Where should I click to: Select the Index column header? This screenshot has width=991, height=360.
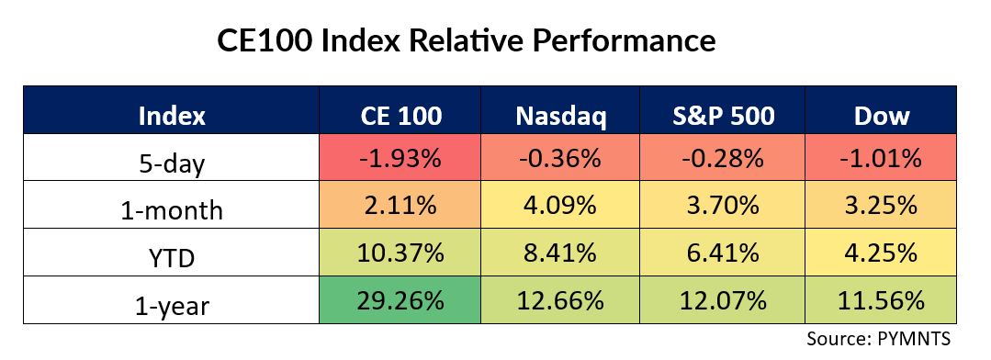[171, 116]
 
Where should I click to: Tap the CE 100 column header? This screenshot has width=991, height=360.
[400, 116]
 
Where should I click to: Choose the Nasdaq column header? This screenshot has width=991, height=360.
[560, 117]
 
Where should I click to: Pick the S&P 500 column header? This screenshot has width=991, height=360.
[720, 116]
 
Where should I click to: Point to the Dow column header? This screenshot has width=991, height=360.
[882, 116]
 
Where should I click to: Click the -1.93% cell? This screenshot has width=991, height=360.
[400, 158]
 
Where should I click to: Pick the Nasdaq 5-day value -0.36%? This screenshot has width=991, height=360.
[560, 158]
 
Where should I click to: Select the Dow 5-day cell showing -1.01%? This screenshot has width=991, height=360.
[881, 158]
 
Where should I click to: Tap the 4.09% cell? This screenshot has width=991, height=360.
[560, 206]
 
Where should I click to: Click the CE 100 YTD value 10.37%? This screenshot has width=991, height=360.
[400, 253]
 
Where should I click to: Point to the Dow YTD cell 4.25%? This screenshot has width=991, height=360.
[881, 253]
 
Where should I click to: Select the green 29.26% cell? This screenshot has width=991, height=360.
[400, 300]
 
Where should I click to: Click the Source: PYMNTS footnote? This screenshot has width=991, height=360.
[878, 339]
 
